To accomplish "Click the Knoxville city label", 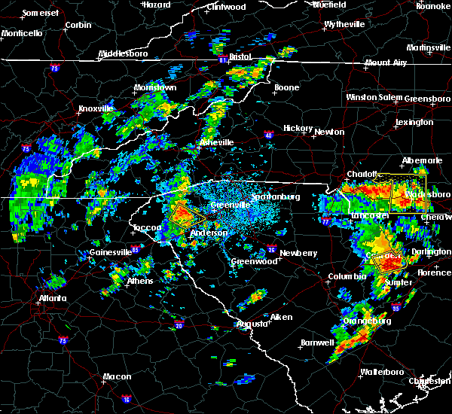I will pyautogui.click(x=96, y=108).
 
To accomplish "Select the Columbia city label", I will pyautogui.click(x=345, y=277).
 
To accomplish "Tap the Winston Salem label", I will pyautogui.click(x=374, y=98).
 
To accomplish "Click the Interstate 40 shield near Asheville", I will pyautogui.click(x=269, y=135).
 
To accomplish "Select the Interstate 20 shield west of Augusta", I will pyautogui.click(x=179, y=325).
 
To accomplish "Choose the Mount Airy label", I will pyautogui.click(x=387, y=62).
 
